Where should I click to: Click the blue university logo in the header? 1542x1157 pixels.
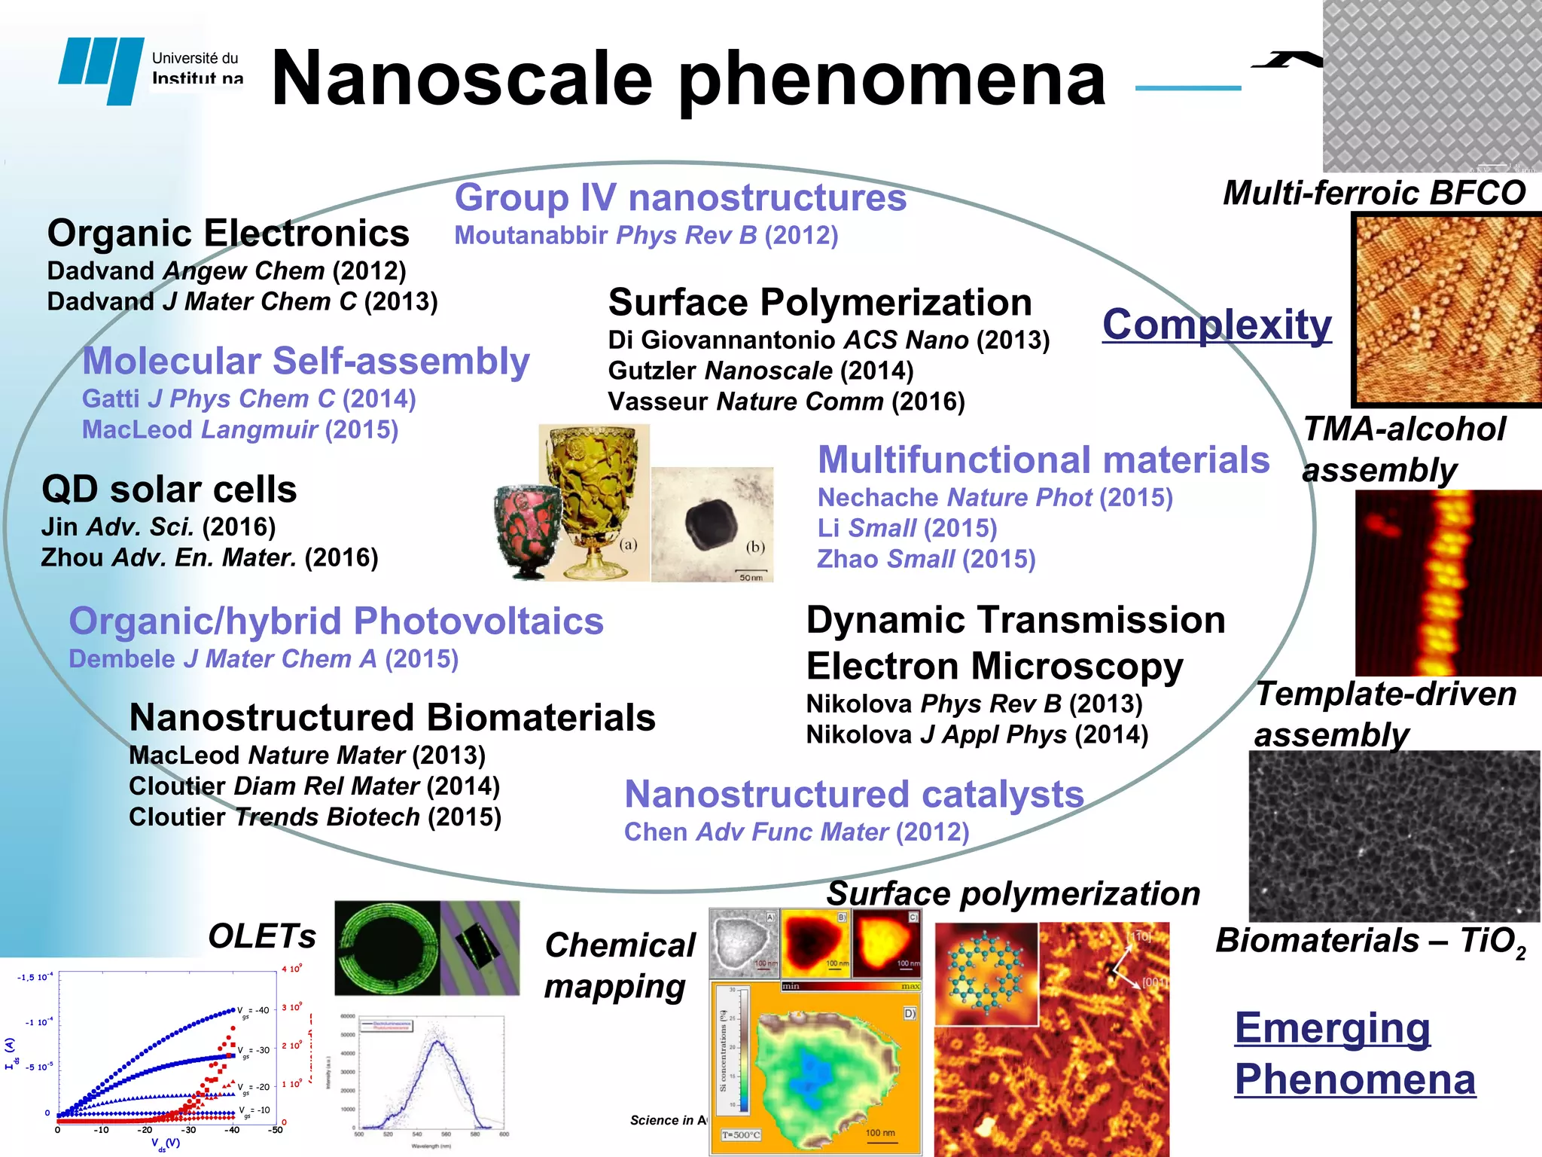(x=102, y=69)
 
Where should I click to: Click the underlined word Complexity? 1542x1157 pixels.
(x=1217, y=325)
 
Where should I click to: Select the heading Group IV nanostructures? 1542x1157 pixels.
(x=680, y=198)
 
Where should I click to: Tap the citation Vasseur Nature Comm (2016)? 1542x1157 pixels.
(x=786, y=401)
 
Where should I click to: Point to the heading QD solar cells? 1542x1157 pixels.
(x=169, y=490)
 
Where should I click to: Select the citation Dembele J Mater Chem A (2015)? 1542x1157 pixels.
(x=264, y=659)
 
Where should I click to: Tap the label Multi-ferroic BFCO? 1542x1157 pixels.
(x=1374, y=193)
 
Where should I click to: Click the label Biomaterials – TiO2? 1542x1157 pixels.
(x=1370, y=942)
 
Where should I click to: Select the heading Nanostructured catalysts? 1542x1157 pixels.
(x=854, y=795)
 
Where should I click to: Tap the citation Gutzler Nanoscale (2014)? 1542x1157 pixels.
(x=760, y=371)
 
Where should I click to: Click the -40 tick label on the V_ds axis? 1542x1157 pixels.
(x=231, y=1130)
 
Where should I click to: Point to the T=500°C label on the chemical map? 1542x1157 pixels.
(x=741, y=1135)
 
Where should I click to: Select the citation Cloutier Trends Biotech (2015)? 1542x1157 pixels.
(x=315, y=817)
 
